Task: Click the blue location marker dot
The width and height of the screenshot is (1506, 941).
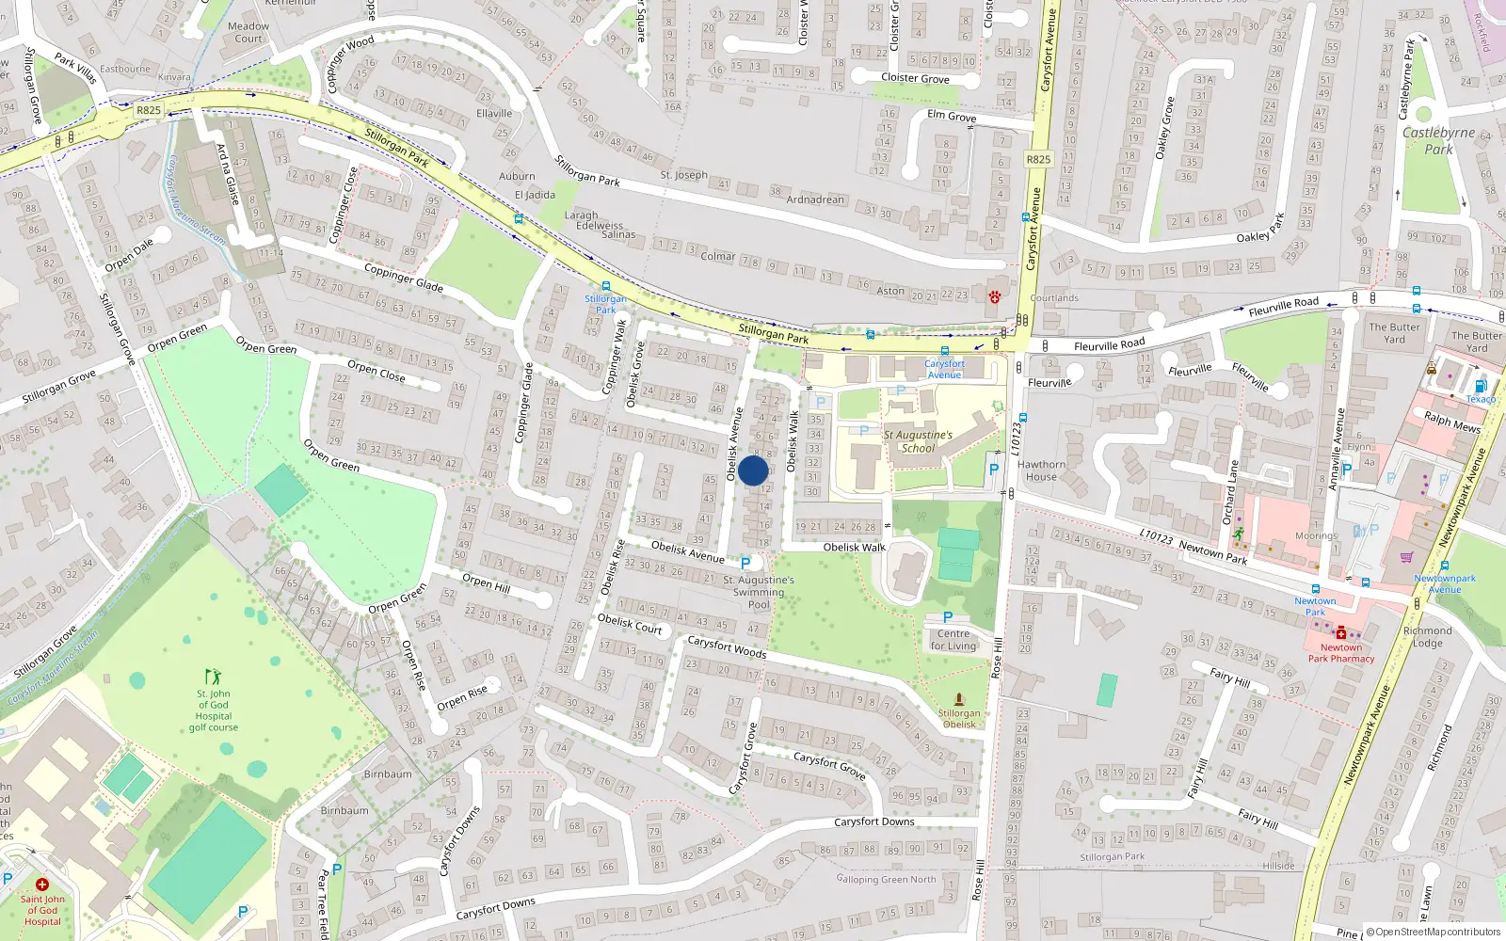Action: pos(753,470)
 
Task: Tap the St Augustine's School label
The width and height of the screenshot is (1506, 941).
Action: pos(918,441)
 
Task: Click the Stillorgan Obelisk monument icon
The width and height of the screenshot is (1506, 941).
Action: pos(958,699)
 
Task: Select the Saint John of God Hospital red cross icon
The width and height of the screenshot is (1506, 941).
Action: pos(41,885)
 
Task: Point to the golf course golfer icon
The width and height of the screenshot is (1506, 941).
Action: pos(213,677)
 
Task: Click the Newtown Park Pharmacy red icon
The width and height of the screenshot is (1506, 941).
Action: pos(1341,633)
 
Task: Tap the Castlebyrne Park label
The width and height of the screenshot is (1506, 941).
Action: pos(1438,140)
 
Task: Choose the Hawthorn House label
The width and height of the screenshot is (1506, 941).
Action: pos(1041,470)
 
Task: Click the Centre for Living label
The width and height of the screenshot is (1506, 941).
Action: pos(953,640)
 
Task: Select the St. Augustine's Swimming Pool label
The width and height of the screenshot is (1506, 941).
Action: pos(759,592)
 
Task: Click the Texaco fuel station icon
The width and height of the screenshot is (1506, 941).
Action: pos(1481,386)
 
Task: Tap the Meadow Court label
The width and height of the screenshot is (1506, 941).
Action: pos(248,32)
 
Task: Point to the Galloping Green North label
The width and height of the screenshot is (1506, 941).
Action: pos(886,880)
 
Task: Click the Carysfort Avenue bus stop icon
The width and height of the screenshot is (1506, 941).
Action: pos(944,351)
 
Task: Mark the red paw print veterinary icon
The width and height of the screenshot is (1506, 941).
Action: pos(995,297)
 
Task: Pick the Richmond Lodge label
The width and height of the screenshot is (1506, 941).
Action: pos(1427,637)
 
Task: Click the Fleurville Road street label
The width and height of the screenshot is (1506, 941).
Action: pos(1109,345)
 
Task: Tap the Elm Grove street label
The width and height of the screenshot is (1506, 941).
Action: pos(952,117)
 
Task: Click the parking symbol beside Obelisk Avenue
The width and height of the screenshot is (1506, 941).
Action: pos(745,563)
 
